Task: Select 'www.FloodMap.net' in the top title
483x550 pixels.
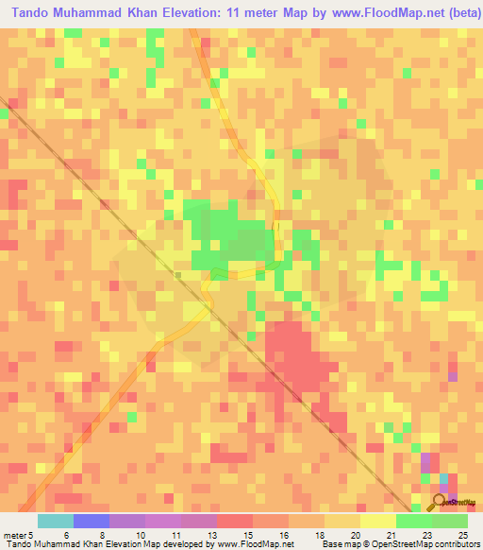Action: coord(372,13)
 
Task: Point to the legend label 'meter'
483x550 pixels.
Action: coord(14,534)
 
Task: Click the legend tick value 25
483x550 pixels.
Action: coord(463,534)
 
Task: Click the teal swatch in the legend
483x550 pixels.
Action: coord(56,521)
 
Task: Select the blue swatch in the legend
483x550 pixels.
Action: coord(92,521)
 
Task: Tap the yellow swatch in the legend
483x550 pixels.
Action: coord(342,521)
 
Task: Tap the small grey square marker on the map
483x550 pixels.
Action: coord(177,275)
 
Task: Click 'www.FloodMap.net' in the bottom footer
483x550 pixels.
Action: coord(247,544)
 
